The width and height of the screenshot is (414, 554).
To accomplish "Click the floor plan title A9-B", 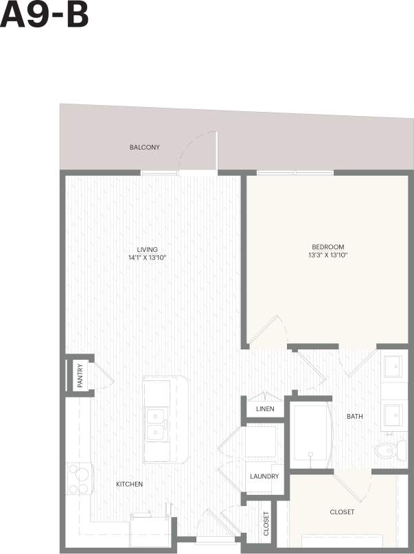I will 45,15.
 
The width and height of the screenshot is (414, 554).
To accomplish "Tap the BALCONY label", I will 144,148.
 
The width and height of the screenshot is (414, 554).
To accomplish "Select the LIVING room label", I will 147,249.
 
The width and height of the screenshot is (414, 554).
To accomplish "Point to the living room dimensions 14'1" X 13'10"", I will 147,258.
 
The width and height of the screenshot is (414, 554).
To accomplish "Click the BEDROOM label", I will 327,247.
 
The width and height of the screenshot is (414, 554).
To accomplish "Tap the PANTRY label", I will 80,376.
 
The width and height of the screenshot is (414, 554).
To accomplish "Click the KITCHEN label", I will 129,485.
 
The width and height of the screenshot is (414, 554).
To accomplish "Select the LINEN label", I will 265,409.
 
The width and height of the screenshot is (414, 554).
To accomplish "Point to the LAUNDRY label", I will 264,476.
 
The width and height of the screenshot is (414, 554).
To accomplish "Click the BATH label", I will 355,417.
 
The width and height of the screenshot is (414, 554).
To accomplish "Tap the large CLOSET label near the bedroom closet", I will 342,512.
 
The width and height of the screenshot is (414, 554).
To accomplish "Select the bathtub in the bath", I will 311,433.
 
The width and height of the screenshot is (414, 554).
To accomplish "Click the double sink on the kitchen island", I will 157,424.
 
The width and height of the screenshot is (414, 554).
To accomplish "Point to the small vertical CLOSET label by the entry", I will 266,524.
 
